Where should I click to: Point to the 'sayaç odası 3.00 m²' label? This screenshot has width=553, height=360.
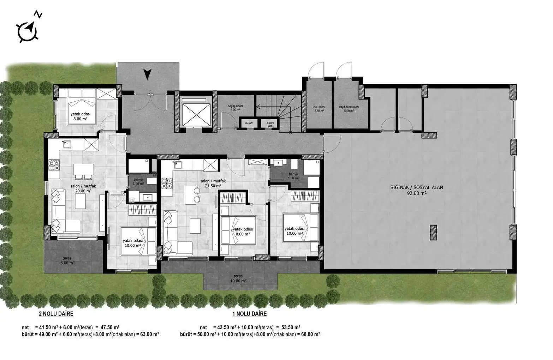click(235, 108)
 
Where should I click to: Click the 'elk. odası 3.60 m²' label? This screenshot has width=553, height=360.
click(319, 109)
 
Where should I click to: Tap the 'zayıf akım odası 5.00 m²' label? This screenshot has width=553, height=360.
click(349, 109)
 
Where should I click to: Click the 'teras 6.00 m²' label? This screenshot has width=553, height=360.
click(67, 260)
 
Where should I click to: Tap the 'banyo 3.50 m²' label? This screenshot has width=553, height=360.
click(138, 181)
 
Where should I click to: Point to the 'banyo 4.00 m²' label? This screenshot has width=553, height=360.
click(294, 176)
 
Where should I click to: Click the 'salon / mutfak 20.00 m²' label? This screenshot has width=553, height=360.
click(83, 188)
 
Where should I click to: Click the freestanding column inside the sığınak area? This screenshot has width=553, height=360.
click(433, 233)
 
